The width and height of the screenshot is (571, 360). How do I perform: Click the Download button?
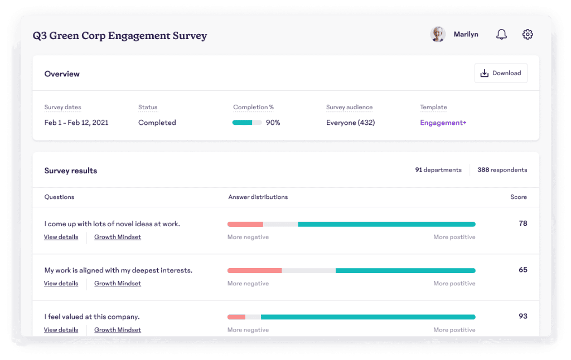click(x=501, y=73)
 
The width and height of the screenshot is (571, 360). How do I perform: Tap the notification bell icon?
click(x=501, y=34)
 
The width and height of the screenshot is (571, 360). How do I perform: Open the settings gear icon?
click(x=528, y=34)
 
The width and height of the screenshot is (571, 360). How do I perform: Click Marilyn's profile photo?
click(x=438, y=34)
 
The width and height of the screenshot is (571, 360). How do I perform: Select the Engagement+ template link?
click(x=443, y=123)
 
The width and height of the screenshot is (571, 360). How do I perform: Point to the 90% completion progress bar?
click(x=247, y=123)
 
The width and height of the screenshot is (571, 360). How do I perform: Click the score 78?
click(x=523, y=223)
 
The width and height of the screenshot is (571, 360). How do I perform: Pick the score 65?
click(x=523, y=270)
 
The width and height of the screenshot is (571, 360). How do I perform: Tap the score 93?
click(x=523, y=316)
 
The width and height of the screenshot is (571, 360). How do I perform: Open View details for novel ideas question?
click(x=61, y=237)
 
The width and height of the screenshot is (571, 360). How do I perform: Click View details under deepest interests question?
click(x=61, y=284)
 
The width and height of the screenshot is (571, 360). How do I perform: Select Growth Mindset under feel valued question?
click(x=118, y=330)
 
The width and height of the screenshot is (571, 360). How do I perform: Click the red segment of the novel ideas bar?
click(x=245, y=224)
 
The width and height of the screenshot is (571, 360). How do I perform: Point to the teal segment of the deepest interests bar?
click(x=405, y=270)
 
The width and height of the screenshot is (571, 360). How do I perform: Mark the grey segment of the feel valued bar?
click(x=253, y=317)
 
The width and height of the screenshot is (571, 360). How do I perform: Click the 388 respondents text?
click(x=502, y=170)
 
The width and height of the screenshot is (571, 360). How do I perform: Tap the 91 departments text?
click(x=438, y=170)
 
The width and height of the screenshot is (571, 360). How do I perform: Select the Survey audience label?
click(x=349, y=108)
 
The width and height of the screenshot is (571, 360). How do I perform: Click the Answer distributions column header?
click(x=258, y=197)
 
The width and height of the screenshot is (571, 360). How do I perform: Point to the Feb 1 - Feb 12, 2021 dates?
click(x=76, y=123)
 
